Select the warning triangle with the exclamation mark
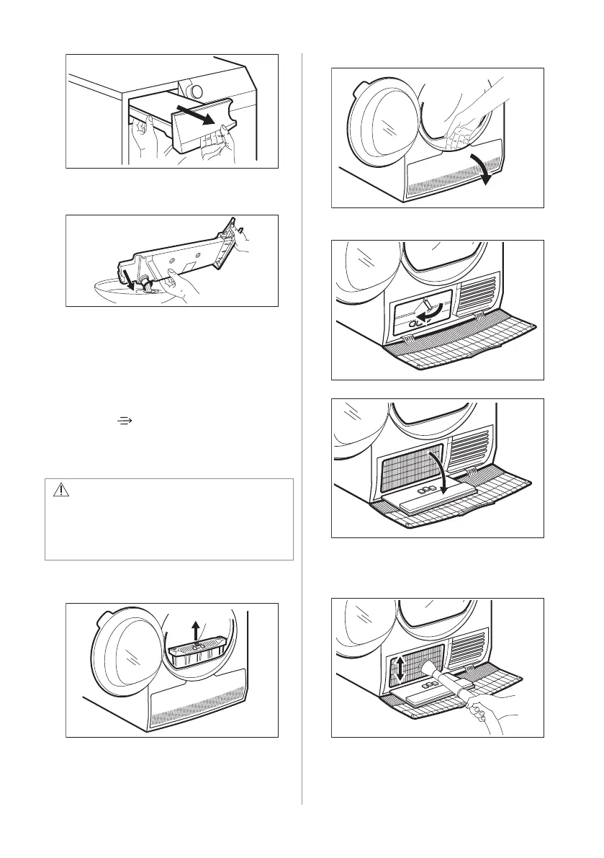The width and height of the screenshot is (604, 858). [61, 491]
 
